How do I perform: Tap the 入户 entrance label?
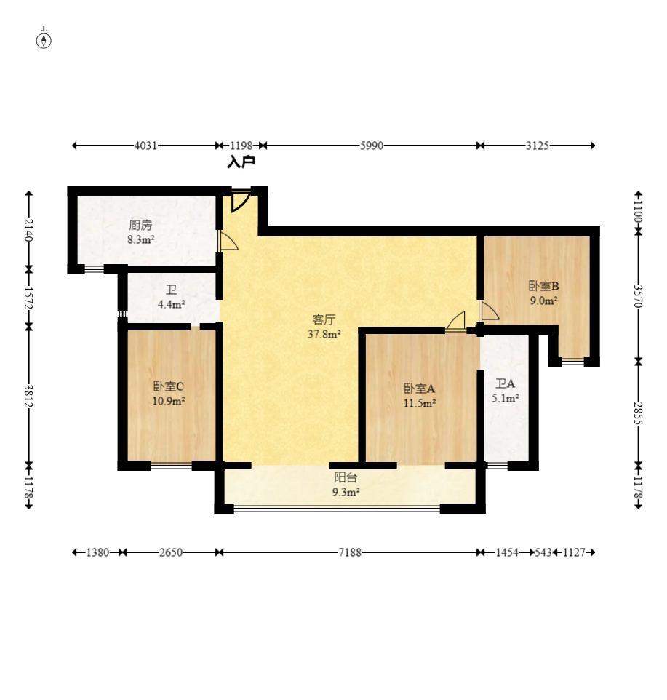click(x=241, y=162)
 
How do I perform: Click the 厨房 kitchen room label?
click(x=140, y=226)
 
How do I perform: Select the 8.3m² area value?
click(x=141, y=239)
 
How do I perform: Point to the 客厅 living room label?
click(x=324, y=319)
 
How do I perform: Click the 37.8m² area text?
click(x=324, y=334)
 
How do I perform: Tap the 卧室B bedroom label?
click(x=543, y=286)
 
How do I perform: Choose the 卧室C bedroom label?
click(x=168, y=386)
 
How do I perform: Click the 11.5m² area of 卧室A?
click(x=420, y=403)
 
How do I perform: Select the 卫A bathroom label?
click(x=505, y=383)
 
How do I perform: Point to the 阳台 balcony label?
click(x=346, y=477)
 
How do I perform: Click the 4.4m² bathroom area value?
click(x=172, y=304)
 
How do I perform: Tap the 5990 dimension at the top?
click(x=372, y=146)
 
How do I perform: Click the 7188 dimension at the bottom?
click(x=350, y=552)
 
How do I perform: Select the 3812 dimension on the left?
click(x=28, y=396)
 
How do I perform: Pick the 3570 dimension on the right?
click(x=639, y=296)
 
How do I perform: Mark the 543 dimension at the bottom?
click(x=543, y=552)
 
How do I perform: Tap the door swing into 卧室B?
click(x=489, y=310)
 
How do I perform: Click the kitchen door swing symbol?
click(x=228, y=241)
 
